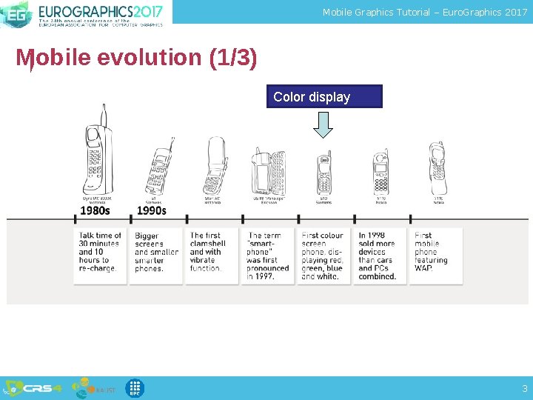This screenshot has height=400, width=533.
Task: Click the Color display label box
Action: (x=324, y=97)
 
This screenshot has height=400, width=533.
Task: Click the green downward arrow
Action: (x=323, y=124)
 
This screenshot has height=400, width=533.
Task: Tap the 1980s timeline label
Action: (x=95, y=210)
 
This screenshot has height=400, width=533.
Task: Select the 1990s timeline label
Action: (x=151, y=210)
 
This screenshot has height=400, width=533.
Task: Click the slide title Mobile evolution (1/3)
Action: (x=137, y=58)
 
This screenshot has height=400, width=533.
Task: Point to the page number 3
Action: (x=524, y=388)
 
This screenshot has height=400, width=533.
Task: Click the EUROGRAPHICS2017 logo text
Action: (x=100, y=13)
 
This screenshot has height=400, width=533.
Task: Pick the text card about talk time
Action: (x=100, y=256)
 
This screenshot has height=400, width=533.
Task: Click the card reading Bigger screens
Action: (x=156, y=256)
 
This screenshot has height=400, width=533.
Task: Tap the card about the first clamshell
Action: (x=212, y=256)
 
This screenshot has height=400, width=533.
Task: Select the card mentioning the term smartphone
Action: (x=267, y=256)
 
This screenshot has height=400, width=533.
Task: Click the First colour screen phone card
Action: (x=324, y=256)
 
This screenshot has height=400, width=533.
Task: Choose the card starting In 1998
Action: (x=380, y=256)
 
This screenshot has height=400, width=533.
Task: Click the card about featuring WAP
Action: (x=436, y=256)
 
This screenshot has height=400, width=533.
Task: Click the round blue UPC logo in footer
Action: (x=135, y=388)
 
